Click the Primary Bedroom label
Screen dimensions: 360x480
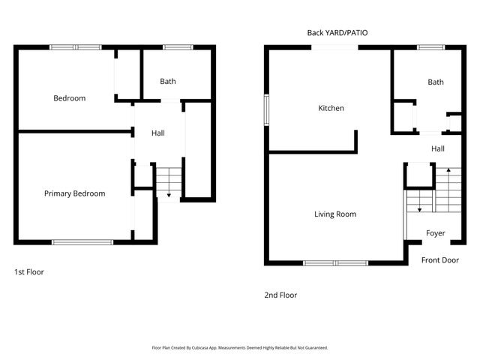click(74, 193)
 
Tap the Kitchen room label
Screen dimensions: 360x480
click(331, 109)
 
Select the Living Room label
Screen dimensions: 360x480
click(334, 214)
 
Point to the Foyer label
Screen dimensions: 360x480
click(436, 233)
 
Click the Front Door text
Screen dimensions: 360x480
click(439, 259)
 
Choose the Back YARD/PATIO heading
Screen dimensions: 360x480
click(337, 33)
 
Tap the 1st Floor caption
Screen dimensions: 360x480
click(29, 272)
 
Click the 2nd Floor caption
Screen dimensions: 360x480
click(280, 295)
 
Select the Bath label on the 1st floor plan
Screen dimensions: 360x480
click(167, 82)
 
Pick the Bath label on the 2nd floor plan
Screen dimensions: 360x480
click(435, 82)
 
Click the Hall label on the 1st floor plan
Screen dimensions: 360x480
click(158, 133)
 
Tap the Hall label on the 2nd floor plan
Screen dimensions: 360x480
click(438, 148)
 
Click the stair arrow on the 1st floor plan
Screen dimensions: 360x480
click(169, 194)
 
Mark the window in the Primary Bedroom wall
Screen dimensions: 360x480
click(82, 241)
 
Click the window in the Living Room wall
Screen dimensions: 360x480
click(335, 262)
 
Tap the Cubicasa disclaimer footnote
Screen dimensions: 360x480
click(240, 348)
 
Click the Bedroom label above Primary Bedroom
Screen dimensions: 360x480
click(69, 98)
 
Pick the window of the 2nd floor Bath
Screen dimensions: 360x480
click(430, 47)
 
